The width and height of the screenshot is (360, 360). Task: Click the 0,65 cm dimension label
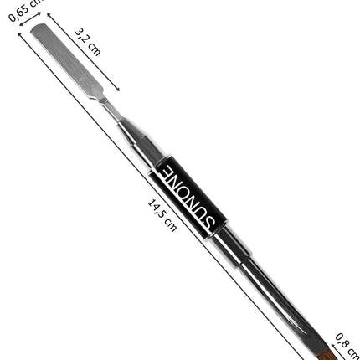click(x=25, y=10)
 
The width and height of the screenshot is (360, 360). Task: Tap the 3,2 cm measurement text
click(x=88, y=42)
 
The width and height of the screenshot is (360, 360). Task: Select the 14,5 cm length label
click(x=162, y=215)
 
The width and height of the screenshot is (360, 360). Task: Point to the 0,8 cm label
click(x=347, y=346)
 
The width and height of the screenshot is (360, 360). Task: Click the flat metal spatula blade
click(x=67, y=61)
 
